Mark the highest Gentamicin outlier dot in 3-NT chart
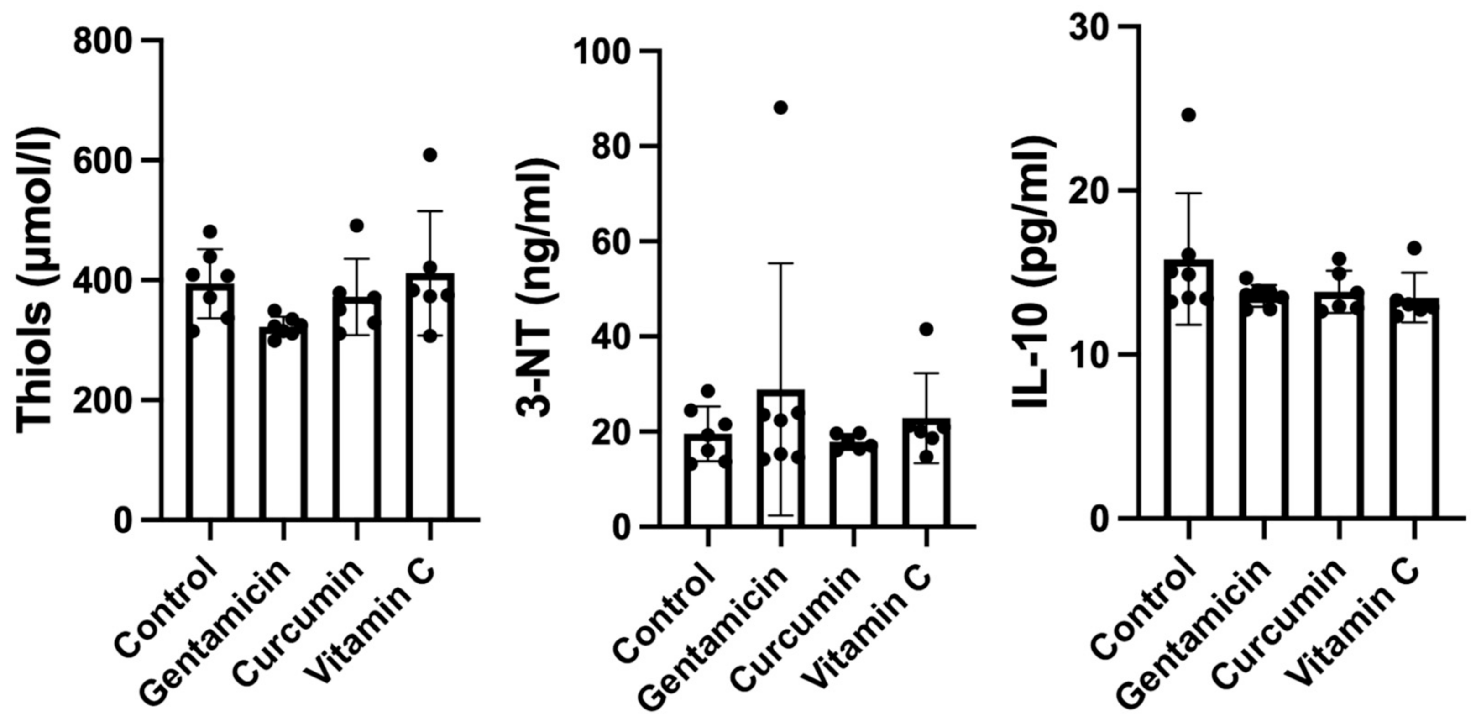coord(780,108)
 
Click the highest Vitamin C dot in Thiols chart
coord(430,155)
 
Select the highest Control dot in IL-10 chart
coord(1188,115)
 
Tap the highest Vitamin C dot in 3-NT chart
coord(926,329)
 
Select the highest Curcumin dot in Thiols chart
coord(356,225)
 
